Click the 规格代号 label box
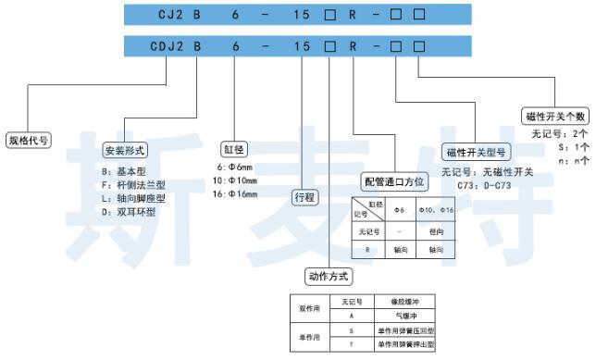coord(29,141)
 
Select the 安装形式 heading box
coord(125,150)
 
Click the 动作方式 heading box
coord(329,276)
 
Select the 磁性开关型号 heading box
coord(476,152)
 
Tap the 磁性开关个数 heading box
coord(555,117)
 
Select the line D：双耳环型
coord(130,210)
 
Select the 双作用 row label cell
coord(308,308)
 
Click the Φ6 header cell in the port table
coord(400,209)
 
